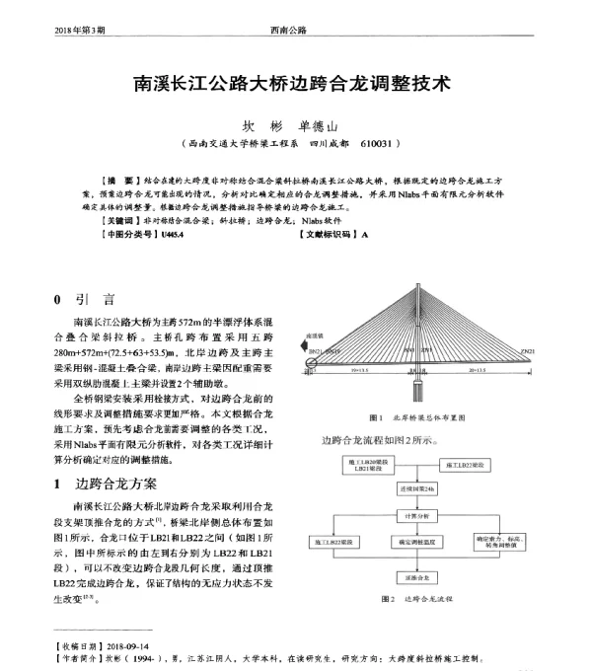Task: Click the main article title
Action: click(291, 84)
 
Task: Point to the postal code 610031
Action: click(380, 144)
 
